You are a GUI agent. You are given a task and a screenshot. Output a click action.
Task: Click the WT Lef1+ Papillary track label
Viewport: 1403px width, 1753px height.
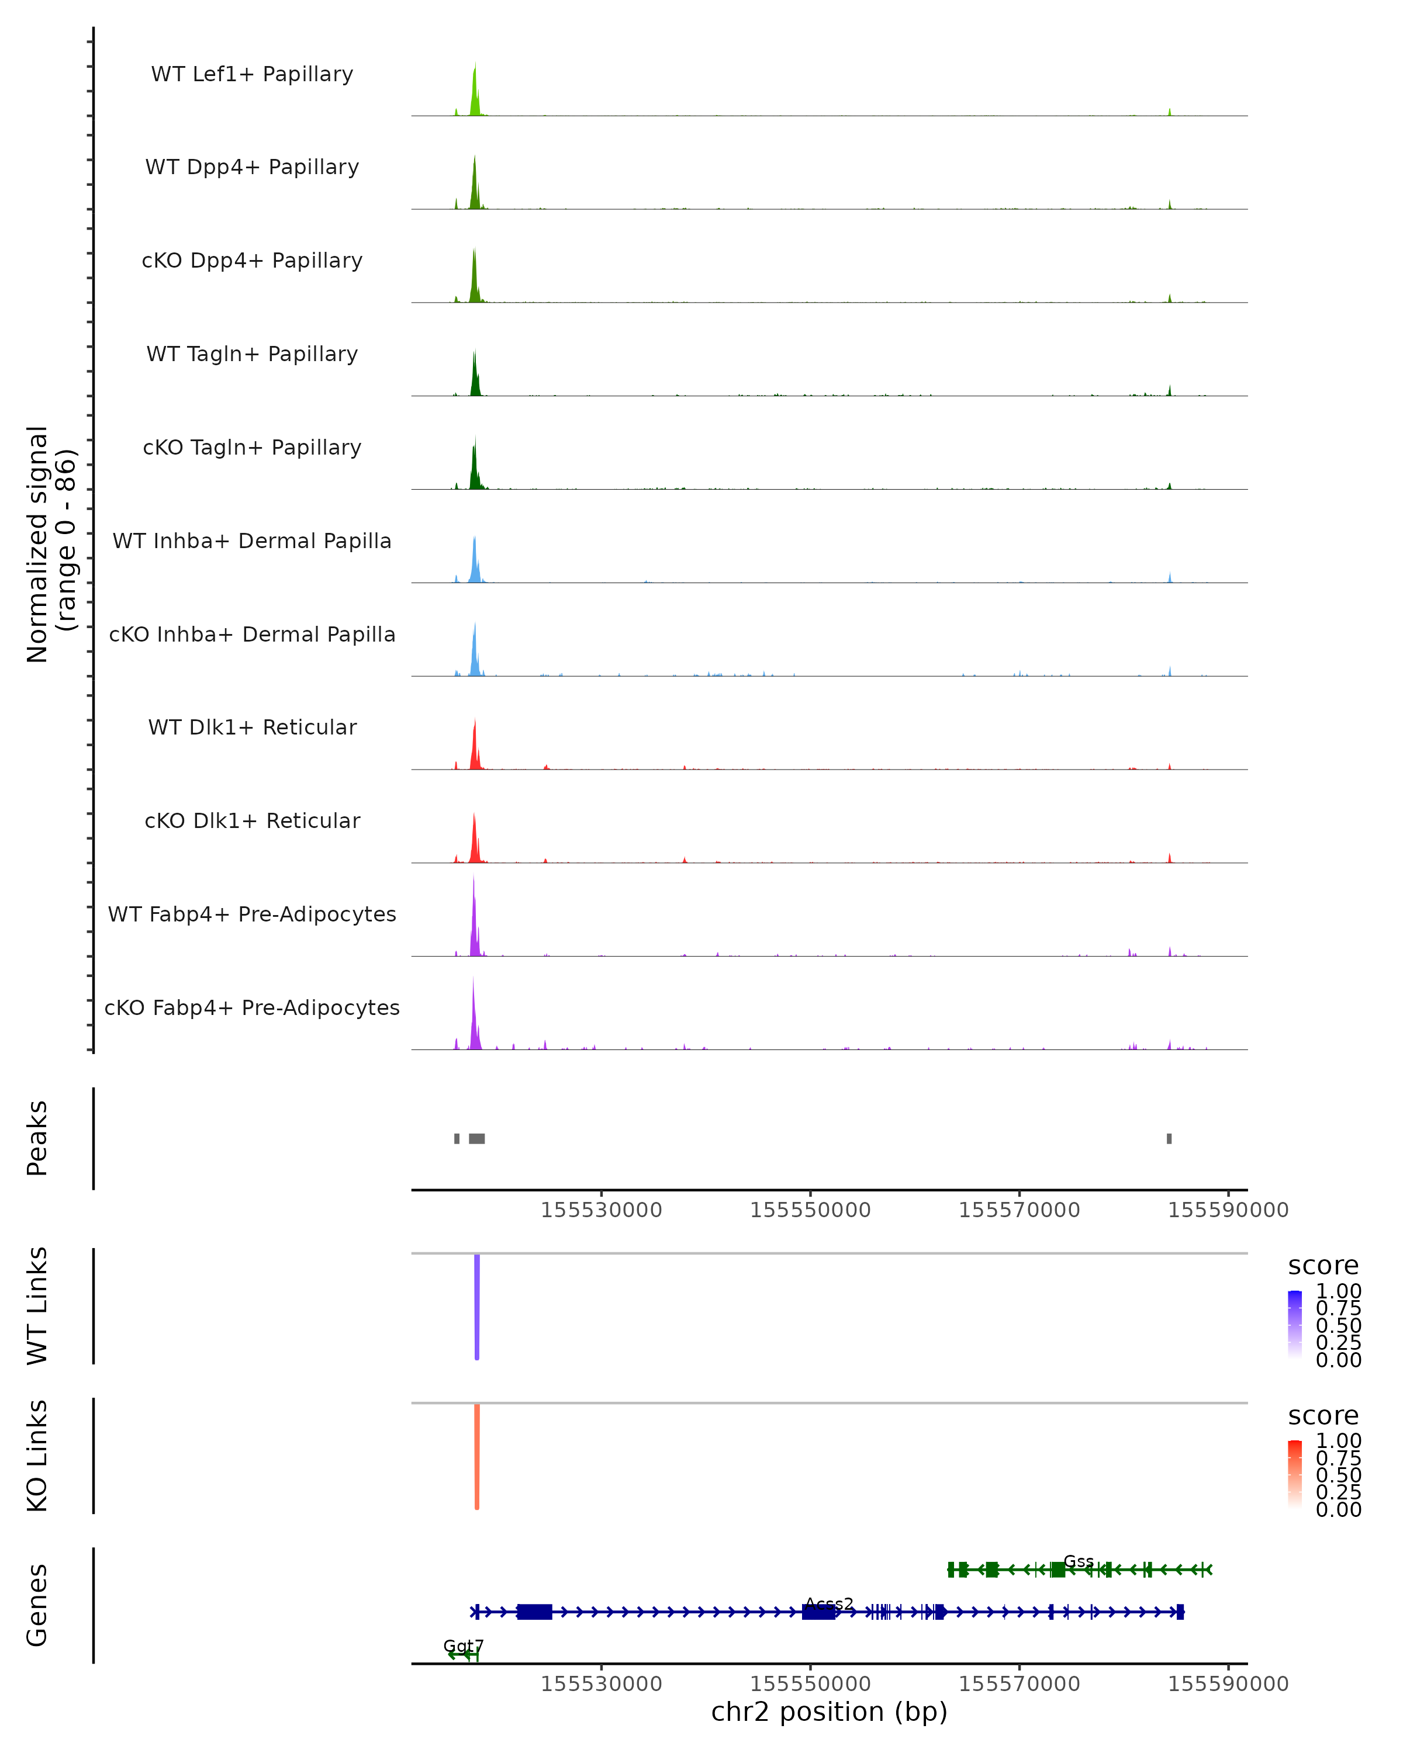252,74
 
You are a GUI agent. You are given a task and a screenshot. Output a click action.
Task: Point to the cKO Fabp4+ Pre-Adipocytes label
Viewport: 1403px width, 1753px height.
252,1007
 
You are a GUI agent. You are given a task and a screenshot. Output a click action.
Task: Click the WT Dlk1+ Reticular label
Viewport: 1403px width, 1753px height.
252,727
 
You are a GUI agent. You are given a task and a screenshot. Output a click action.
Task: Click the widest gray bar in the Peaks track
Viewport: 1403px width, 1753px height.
476,1138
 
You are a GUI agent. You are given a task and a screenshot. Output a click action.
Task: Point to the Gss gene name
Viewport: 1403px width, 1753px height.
1079,1561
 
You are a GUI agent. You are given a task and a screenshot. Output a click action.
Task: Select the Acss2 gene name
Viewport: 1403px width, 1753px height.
829,1604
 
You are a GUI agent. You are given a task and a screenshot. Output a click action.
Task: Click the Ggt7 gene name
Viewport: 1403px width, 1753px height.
464,1645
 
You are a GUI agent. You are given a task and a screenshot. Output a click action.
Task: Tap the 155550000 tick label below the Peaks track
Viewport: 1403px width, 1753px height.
810,1210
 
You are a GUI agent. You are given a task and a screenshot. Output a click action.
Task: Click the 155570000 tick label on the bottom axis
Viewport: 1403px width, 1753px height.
1019,1683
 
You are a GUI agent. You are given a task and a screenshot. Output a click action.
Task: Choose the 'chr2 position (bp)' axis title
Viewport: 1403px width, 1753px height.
829,1712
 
